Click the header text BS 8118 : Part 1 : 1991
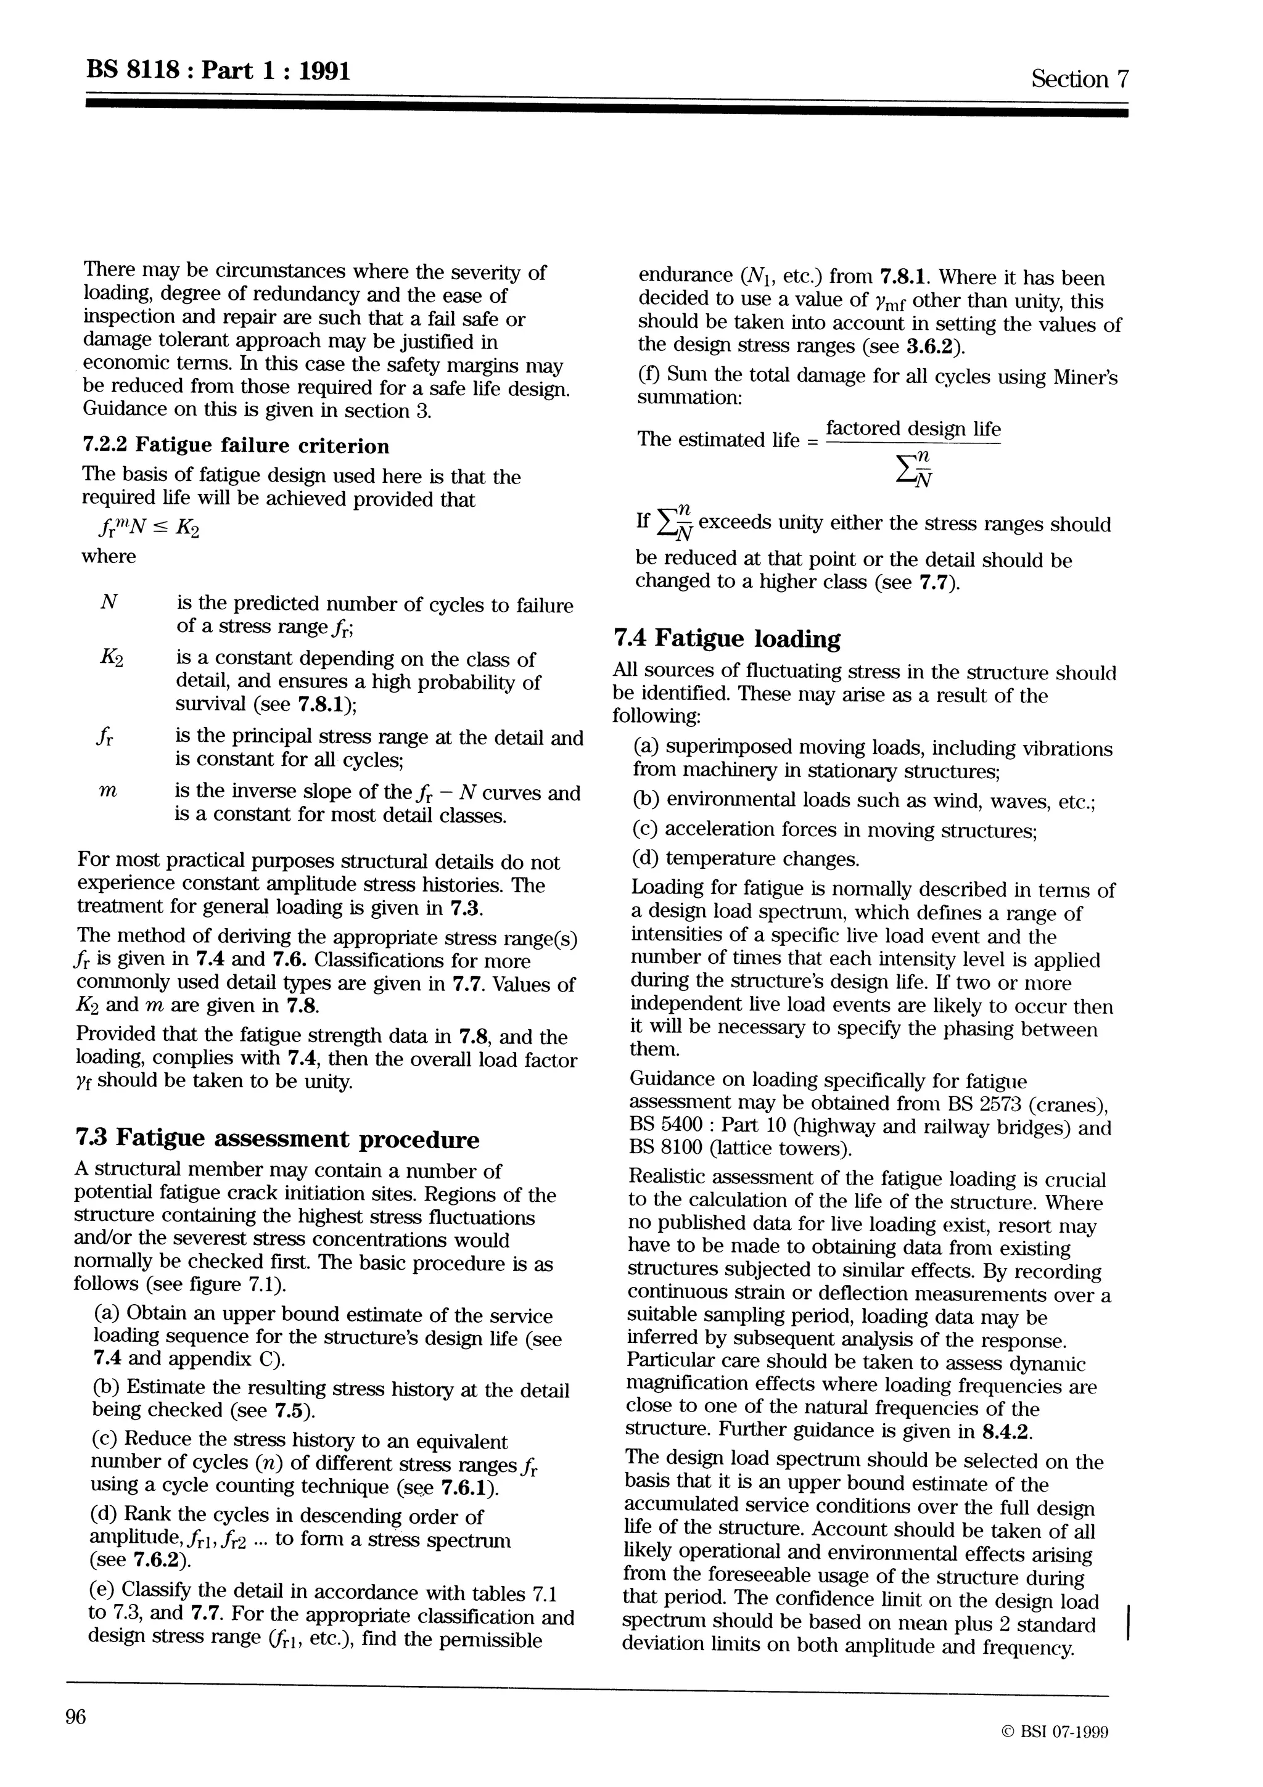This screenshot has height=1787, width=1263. pos(218,71)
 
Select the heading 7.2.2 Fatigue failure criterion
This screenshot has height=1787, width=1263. pos(236,446)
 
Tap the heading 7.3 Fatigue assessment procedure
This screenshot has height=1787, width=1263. pos(277,1139)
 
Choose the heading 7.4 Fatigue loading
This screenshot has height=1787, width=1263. pos(727,639)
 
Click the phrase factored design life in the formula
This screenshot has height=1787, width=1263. pos(913,429)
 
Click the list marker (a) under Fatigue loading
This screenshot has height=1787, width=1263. pos(647,747)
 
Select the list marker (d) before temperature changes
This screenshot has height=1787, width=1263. pos(647,858)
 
